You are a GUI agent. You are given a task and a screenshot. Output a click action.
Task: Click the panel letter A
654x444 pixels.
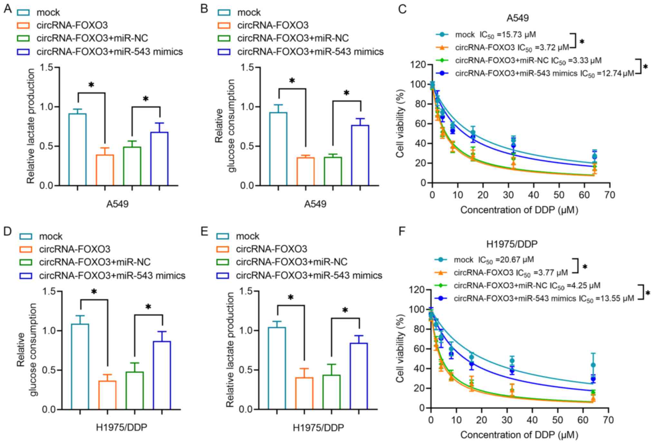[x=7, y=9]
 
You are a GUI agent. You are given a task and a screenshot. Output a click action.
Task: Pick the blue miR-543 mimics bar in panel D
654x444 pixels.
[x=162, y=375]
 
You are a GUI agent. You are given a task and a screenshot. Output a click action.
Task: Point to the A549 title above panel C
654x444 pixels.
[x=517, y=18]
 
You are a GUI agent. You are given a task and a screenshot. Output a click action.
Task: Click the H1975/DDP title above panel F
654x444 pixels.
[x=512, y=244]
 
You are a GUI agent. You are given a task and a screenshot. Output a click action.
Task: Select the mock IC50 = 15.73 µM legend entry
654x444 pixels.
[x=486, y=34]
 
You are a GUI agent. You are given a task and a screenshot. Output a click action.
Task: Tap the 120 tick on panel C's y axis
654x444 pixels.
[x=418, y=65]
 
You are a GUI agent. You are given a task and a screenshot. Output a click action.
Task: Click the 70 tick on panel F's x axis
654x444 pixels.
[x=608, y=420]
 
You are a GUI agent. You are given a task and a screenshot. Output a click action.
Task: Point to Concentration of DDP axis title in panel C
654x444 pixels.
[x=519, y=210]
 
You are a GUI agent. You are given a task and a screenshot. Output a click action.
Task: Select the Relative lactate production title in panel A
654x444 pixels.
[x=31, y=126]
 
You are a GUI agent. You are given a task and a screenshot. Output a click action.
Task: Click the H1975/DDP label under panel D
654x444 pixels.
[x=121, y=428]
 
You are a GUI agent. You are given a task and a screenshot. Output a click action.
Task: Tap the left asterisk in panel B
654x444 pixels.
[x=292, y=80]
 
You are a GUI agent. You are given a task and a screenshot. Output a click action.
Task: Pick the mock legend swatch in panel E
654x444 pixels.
[x=223, y=236]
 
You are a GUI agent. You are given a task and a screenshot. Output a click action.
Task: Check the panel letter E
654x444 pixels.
[x=204, y=231]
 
